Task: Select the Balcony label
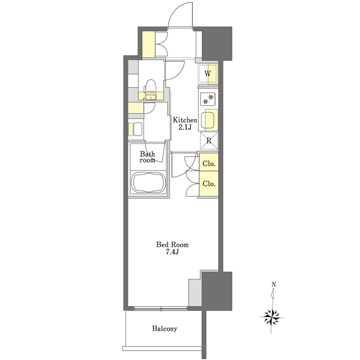[x=165, y=329]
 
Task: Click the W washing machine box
[x=211, y=73]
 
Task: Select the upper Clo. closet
[x=211, y=164]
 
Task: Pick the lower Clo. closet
[x=211, y=184]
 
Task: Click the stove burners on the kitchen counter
[x=211, y=98]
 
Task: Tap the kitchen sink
[x=211, y=120]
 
